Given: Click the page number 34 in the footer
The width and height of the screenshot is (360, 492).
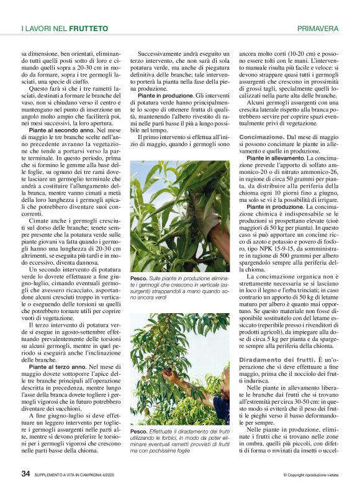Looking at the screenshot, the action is (x=26, y=474).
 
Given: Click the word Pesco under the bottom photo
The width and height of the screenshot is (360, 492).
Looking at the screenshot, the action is (x=138, y=431).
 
